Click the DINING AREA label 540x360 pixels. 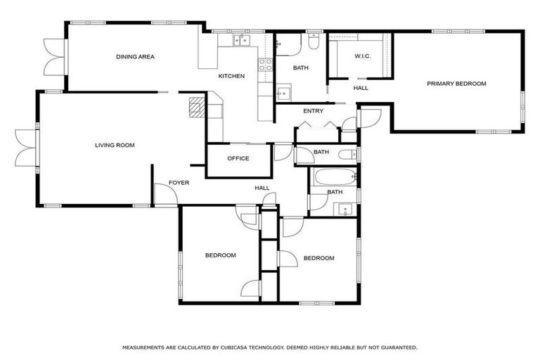click(x=135, y=57)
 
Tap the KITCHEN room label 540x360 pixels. click(x=231, y=76)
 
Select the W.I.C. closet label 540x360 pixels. click(x=363, y=56)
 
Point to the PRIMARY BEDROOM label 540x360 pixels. click(x=456, y=84)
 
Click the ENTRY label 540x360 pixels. click(x=313, y=111)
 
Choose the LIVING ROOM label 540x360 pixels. click(x=115, y=146)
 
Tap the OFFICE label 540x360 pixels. click(x=238, y=159)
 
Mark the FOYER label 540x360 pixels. click(x=179, y=184)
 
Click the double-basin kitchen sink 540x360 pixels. click(x=240, y=40)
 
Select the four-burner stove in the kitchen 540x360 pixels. click(x=266, y=65)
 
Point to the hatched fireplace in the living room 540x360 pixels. click(x=197, y=107)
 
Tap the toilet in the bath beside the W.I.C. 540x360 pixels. click(x=314, y=44)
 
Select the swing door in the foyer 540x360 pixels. click(x=162, y=195)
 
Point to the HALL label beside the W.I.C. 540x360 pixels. click(x=361, y=89)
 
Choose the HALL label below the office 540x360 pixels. click(x=262, y=188)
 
